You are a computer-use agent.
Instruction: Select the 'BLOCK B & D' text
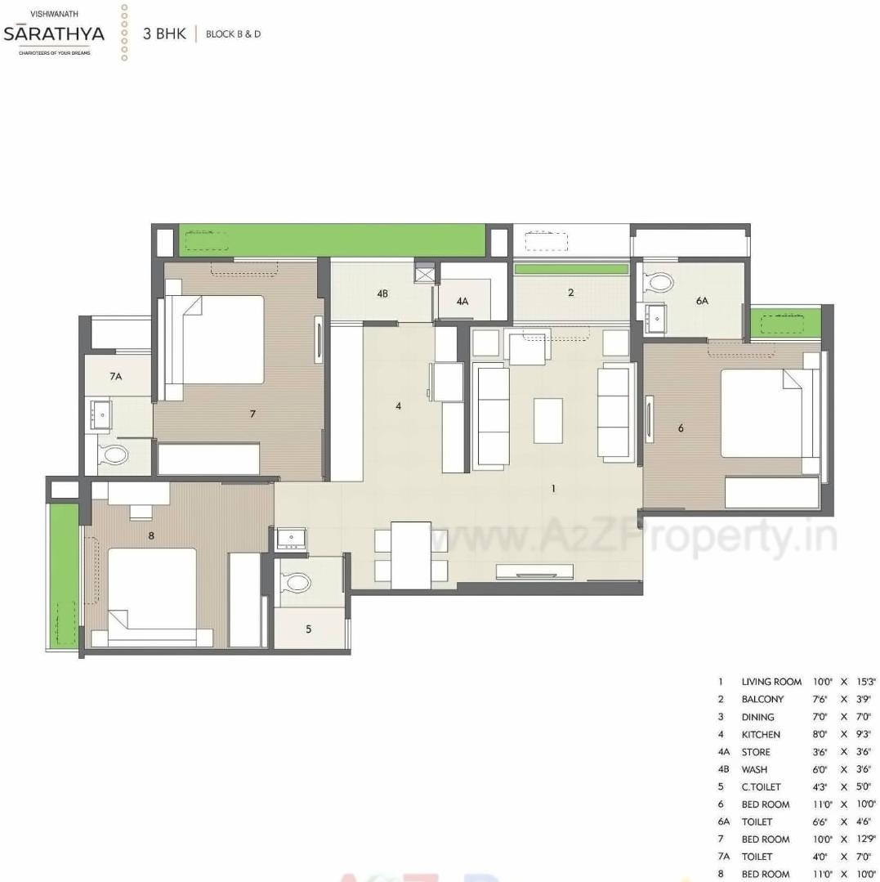pyautogui.click(x=233, y=34)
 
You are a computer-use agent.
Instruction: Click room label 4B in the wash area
pyautogui.click(x=382, y=293)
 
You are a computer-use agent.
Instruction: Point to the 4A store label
pyautogui.click(x=462, y=302)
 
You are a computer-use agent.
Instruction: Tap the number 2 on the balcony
pyautogui.click(x=570, y=292)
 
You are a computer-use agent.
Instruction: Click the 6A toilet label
pyautogui.click(x=702, y=301)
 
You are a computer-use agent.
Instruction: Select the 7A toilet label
pyautogui.click(x=115, y=377)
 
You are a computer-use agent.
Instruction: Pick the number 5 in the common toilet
pyautogui.click(x=308, y=629)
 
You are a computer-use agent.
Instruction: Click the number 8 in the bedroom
pyautogui.click(x=151, y=536)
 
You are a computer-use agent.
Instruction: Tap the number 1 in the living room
pyautogui.click(x=553, y=489)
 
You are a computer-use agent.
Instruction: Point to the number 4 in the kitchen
pyautogui.click(x=399, y=405)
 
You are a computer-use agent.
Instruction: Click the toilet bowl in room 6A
pyautogui.click(x=659, y=284)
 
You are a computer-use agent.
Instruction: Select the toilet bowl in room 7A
pyautogui.click(x=114, y=455)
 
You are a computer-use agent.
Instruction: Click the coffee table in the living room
pyautogui.click(x=548, y=420)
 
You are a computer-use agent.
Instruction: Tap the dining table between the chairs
pyautogui.click(x=410, y=555)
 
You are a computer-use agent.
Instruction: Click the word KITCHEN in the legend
pyautogui.click(x=761, y=735)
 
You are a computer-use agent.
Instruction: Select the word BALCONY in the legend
pyautogui.click(x=762, y=700)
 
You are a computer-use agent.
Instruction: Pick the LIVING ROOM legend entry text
pyautogui.click(x=771, y=682)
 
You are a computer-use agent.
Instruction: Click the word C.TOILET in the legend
pyautogui.click(x=761, y=787)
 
